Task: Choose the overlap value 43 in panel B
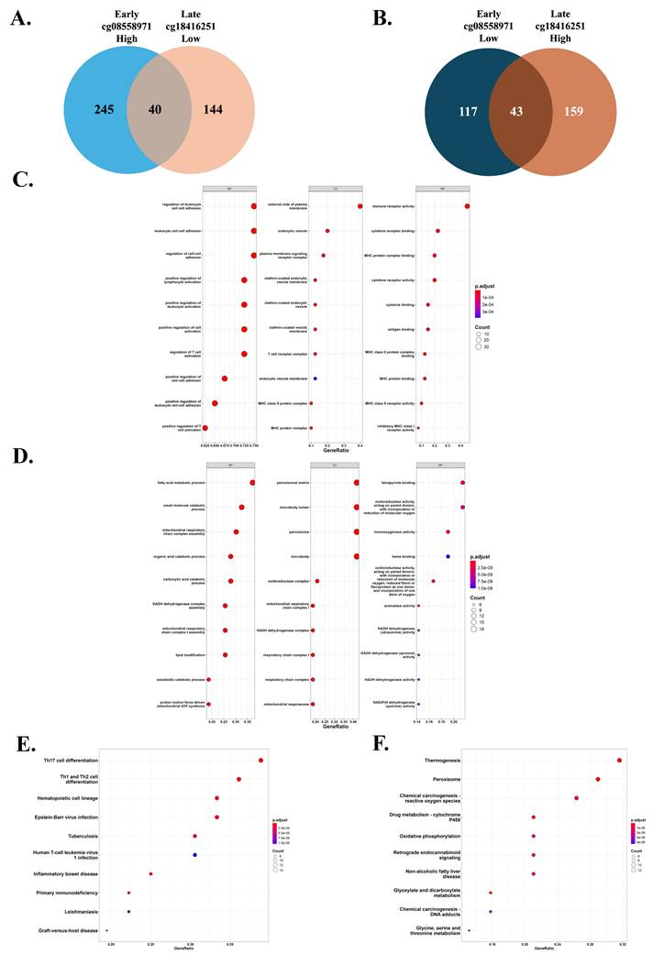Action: click(496, 112)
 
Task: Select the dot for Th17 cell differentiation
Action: click(261, 760)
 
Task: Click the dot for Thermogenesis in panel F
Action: click(620, 760)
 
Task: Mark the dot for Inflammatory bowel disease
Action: click(151, 873)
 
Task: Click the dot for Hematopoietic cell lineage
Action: click(217, 798)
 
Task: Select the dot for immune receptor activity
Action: click(468, 206)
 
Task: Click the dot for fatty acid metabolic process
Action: click(252, 483)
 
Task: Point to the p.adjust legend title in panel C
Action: click(486, 286)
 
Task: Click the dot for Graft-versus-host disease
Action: click(107, 930)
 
